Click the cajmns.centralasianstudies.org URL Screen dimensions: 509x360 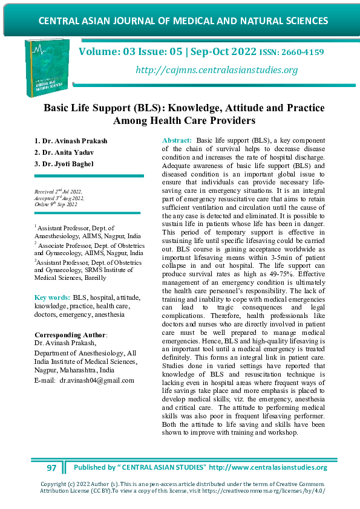(x=217, y=71)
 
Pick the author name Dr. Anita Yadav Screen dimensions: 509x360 (x=70, y=152)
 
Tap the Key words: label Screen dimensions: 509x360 (x=52, y=297)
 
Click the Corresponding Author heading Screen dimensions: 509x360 (x=70, y=334)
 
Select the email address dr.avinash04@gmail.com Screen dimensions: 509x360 (x=96, y=380)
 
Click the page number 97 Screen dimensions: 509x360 (x=51, y=468)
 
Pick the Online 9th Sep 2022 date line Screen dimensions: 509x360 (x=56, y=204)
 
